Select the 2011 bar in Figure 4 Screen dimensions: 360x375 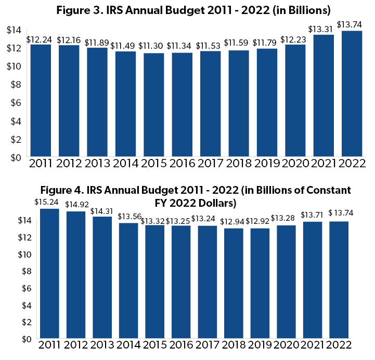coord(49,273)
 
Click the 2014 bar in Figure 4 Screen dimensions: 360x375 coord(128,281)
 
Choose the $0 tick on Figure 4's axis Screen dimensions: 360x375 coord(11,339)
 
